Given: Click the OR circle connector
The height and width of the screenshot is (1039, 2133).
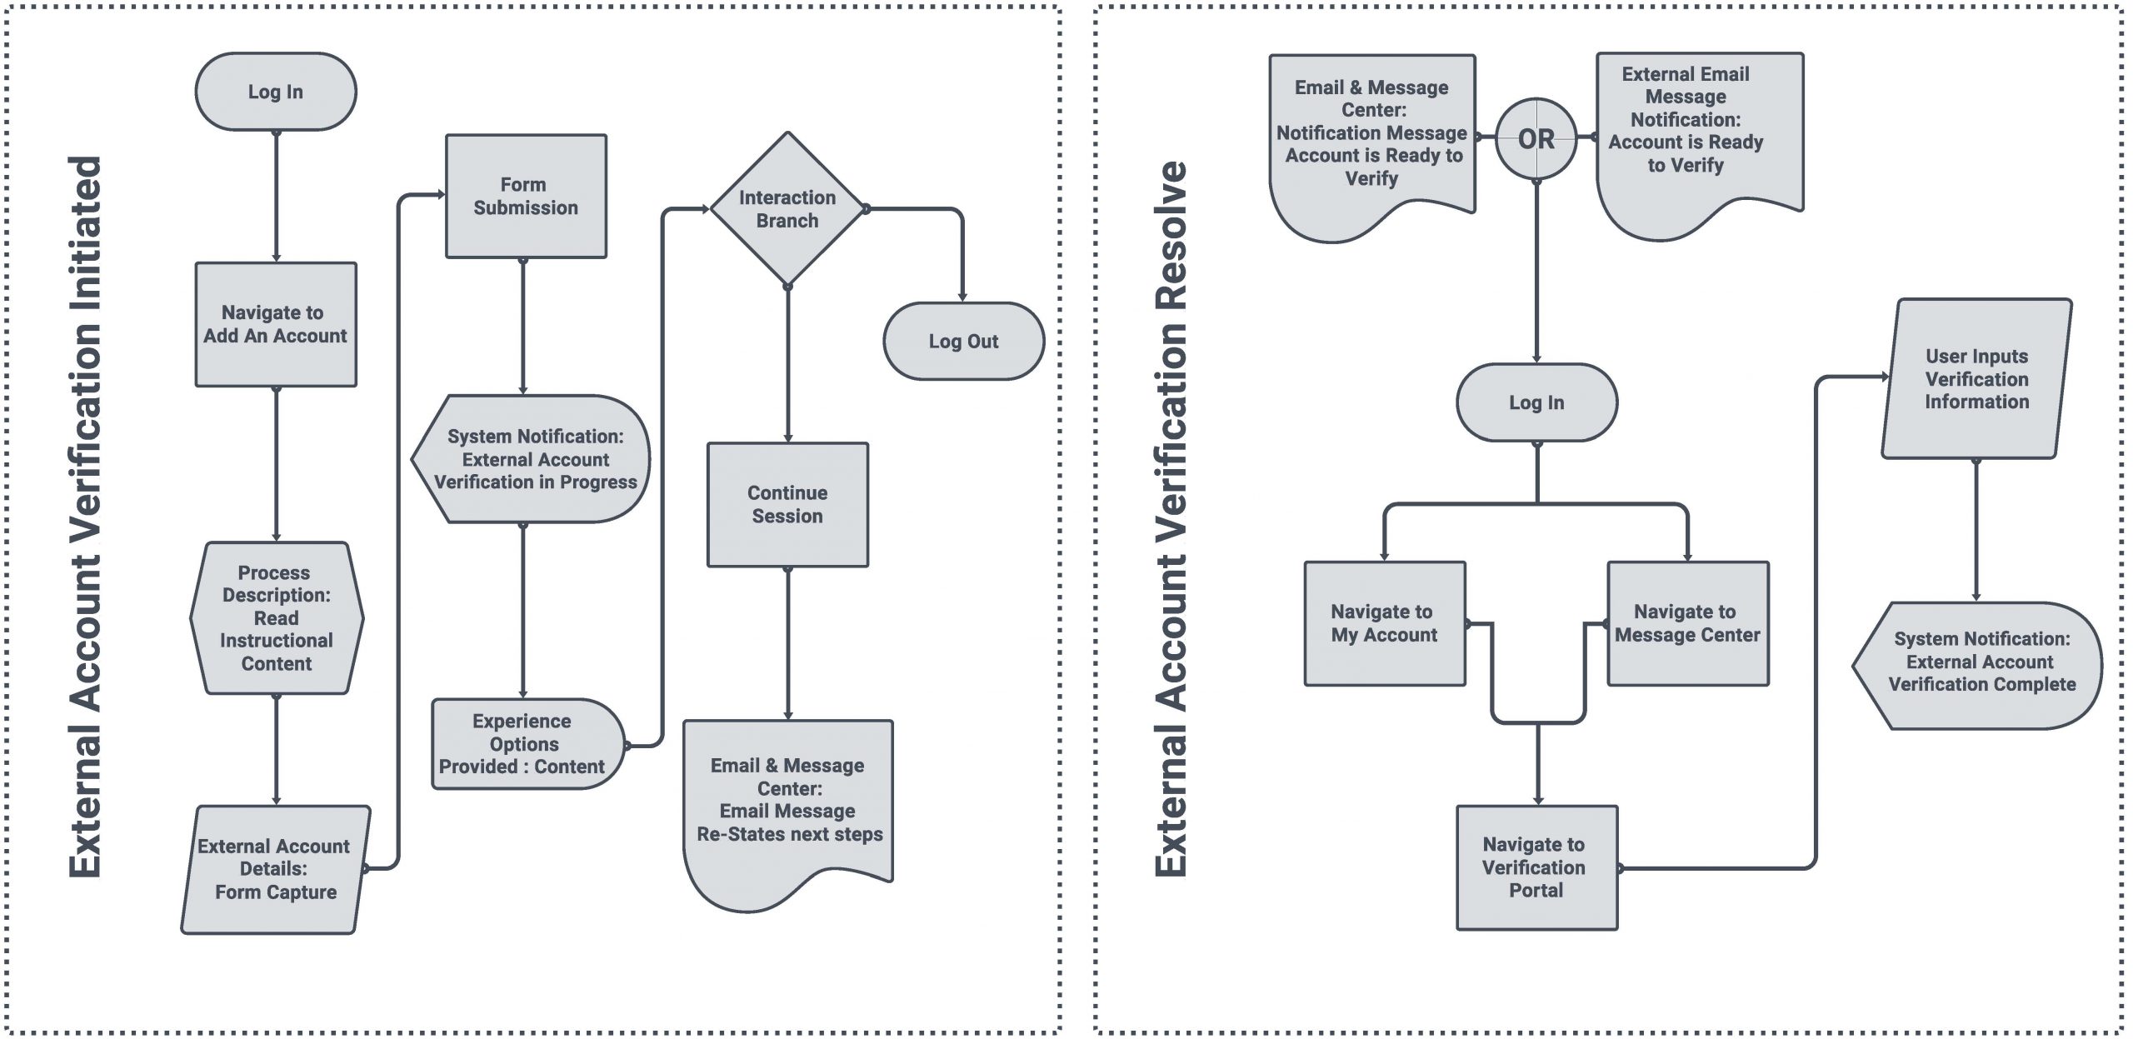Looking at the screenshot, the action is pos(1536,138).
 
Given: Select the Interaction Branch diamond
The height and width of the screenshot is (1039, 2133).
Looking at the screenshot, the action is pos(787,208).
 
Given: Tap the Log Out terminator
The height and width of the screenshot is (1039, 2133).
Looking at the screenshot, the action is pos(963,341).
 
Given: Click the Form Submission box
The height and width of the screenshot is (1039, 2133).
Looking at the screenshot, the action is pos(526,196).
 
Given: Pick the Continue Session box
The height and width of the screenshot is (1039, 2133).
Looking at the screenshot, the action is pos(787,505).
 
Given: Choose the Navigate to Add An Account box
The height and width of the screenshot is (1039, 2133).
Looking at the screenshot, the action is pos(276,324).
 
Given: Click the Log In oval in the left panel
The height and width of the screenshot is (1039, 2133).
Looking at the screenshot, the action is pos(276,92).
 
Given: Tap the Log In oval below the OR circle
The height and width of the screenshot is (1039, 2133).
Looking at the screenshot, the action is pos(1536,402).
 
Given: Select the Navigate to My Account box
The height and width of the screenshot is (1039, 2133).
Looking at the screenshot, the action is pos(1385,623).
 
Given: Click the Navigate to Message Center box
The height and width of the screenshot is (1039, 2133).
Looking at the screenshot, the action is pos(1688,623).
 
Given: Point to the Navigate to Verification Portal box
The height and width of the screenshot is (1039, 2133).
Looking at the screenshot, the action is pos(1536,867).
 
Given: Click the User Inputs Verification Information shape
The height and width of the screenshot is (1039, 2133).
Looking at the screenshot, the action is pos(1976,378).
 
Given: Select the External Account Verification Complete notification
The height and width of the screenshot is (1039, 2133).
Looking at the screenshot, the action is pos(1977,666).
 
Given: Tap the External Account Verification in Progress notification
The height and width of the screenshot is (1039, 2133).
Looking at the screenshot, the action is pos(531,459).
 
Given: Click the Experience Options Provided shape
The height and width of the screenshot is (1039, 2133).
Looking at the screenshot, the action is pos(528,744).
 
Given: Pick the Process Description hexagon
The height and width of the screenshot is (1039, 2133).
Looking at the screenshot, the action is pos(277,618).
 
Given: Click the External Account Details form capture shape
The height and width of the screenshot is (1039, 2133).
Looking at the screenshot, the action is pos(276,869).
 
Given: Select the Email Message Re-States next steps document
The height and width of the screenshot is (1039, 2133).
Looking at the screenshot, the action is pos(788,812).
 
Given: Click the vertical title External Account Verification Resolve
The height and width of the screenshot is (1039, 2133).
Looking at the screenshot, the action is pos(1170,519).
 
